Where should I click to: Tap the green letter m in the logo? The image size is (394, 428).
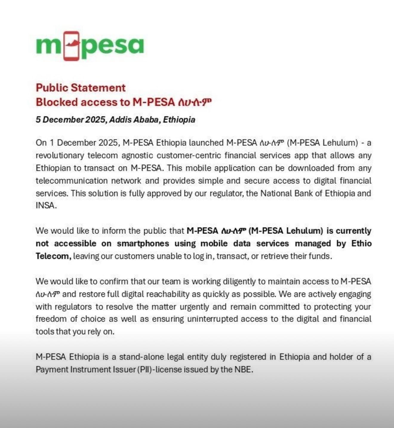48,46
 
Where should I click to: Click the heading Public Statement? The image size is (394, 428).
81,88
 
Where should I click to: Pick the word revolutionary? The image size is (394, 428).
60,155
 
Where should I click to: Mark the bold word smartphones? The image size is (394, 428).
143,243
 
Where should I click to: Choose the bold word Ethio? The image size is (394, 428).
361,243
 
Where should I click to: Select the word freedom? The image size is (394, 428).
51,319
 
